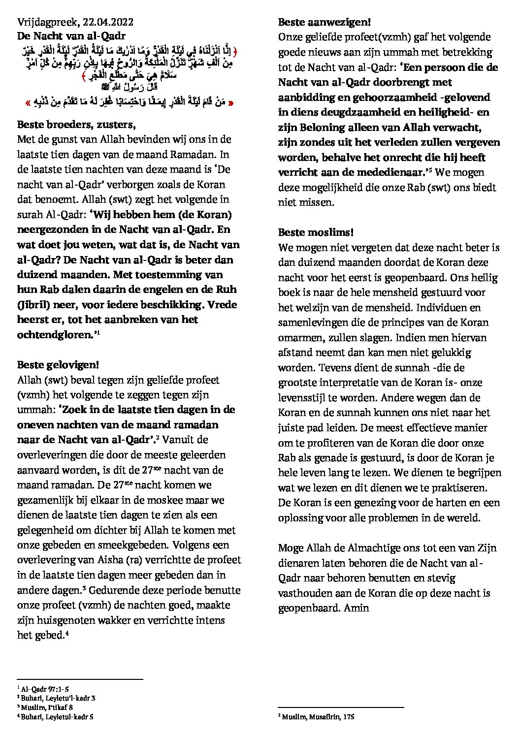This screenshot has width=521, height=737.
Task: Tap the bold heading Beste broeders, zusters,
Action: point(76,125)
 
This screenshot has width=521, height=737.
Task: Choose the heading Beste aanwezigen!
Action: point(324,22)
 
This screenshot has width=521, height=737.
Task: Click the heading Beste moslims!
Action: point(316,232)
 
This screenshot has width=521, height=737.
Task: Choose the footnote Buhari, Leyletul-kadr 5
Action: point(57,717)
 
